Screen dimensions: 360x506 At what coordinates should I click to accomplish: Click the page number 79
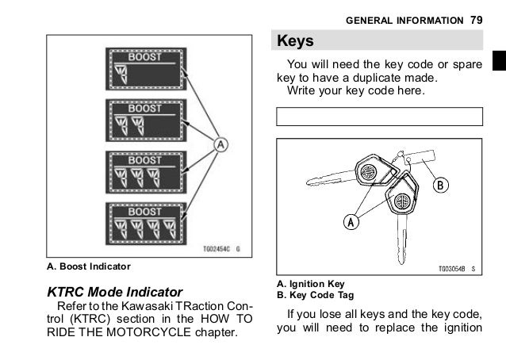pyautogui.click(x=476, y=18)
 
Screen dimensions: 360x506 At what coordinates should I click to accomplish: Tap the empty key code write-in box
pyautogui.click(x=379, y=117)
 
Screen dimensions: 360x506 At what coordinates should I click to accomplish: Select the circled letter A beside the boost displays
pyautogui.click(x=221, y=144)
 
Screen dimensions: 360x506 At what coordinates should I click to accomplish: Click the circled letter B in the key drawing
pyautogui.click(x=440, y=186)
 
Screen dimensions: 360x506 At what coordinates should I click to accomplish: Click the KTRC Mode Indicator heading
pyautogui.click(x=116, y=293)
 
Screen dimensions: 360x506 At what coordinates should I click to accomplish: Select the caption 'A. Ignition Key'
pyautogui.click(x=310, y=284)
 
